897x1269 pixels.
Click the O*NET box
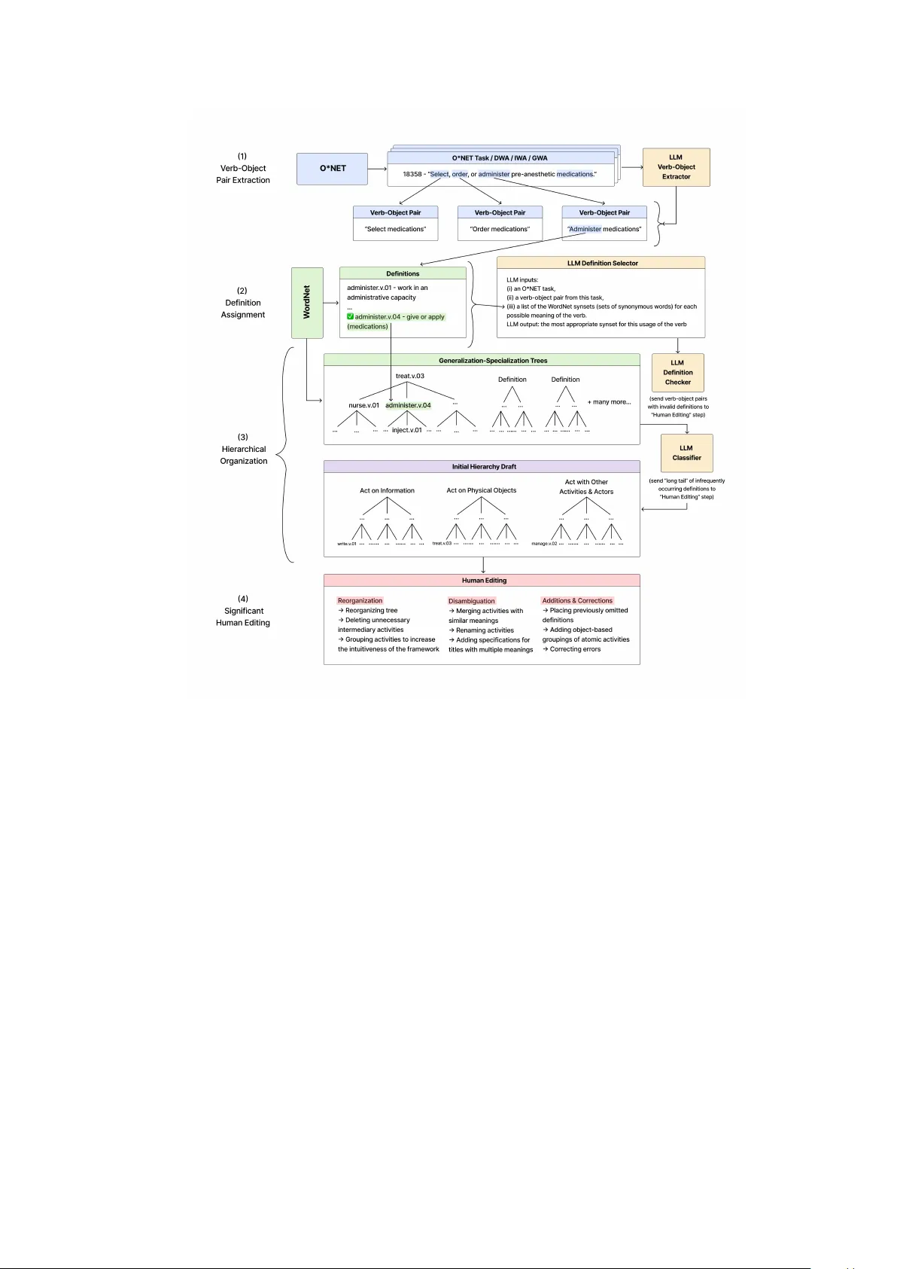(332, 169)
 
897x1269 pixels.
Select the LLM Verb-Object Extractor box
(676, 167)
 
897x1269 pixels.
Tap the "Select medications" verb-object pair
(395, 229)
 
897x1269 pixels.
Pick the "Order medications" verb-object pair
(500, 229)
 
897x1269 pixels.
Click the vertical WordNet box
(307, 303)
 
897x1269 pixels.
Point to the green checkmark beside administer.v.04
(350, 317)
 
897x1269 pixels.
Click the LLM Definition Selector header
(601, 264)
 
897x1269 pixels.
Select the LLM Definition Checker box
(677, 372)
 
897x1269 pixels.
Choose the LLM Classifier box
(686, 453)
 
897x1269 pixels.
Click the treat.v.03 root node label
(409, 376)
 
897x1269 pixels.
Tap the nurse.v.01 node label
(363, 406)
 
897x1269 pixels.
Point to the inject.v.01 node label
(406, 431)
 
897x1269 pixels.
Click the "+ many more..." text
(609, 402)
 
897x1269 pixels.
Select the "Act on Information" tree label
(387, 491)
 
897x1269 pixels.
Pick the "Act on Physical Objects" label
(481, 490)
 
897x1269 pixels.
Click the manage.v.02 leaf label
(544, 544)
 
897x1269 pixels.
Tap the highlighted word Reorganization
(360, 601)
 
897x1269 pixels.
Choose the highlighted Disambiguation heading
(471, 601)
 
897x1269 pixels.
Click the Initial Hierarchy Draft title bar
(483, 467)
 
